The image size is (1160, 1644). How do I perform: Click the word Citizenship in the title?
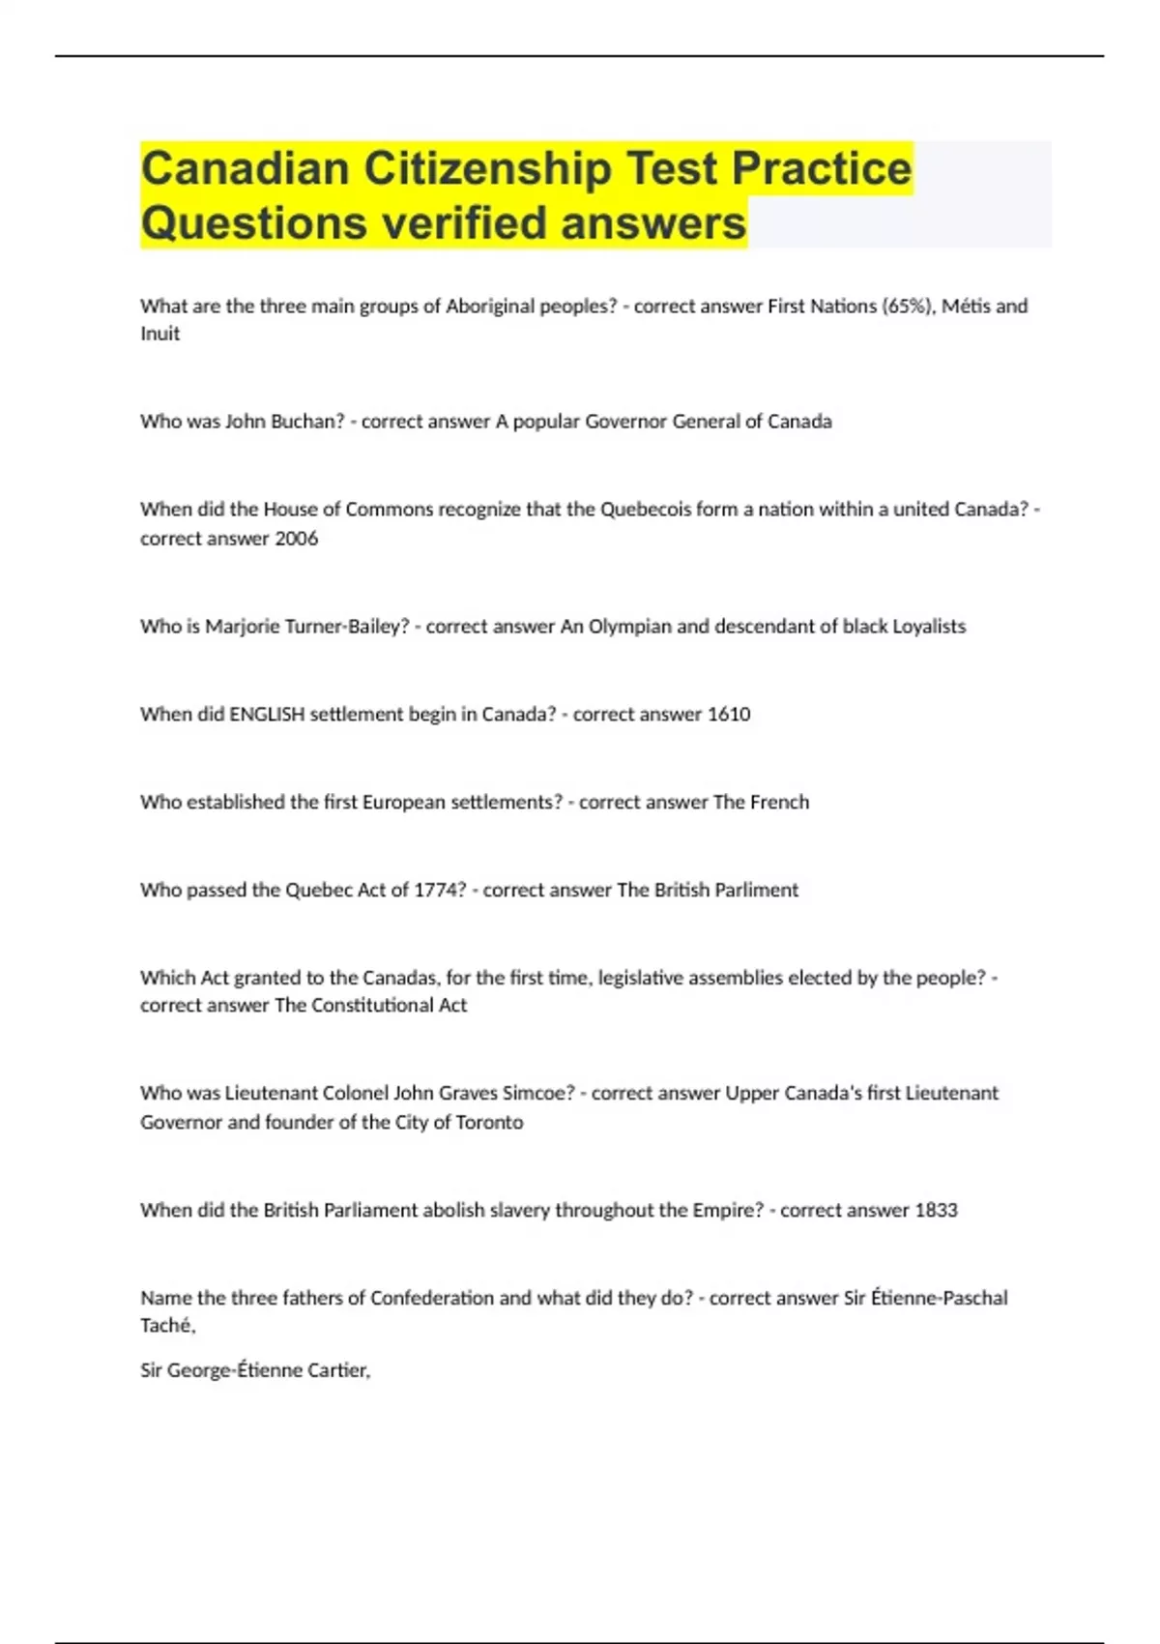coord(487,168)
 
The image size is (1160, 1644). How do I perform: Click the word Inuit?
coord(159,334)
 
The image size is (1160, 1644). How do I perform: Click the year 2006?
coord(296,539)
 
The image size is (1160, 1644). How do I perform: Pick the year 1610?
coord(729,715)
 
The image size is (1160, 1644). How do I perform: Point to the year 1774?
coord(440,890)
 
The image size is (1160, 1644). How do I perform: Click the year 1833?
coord(936,1211)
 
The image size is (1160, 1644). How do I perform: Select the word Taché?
coord(167,1326)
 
